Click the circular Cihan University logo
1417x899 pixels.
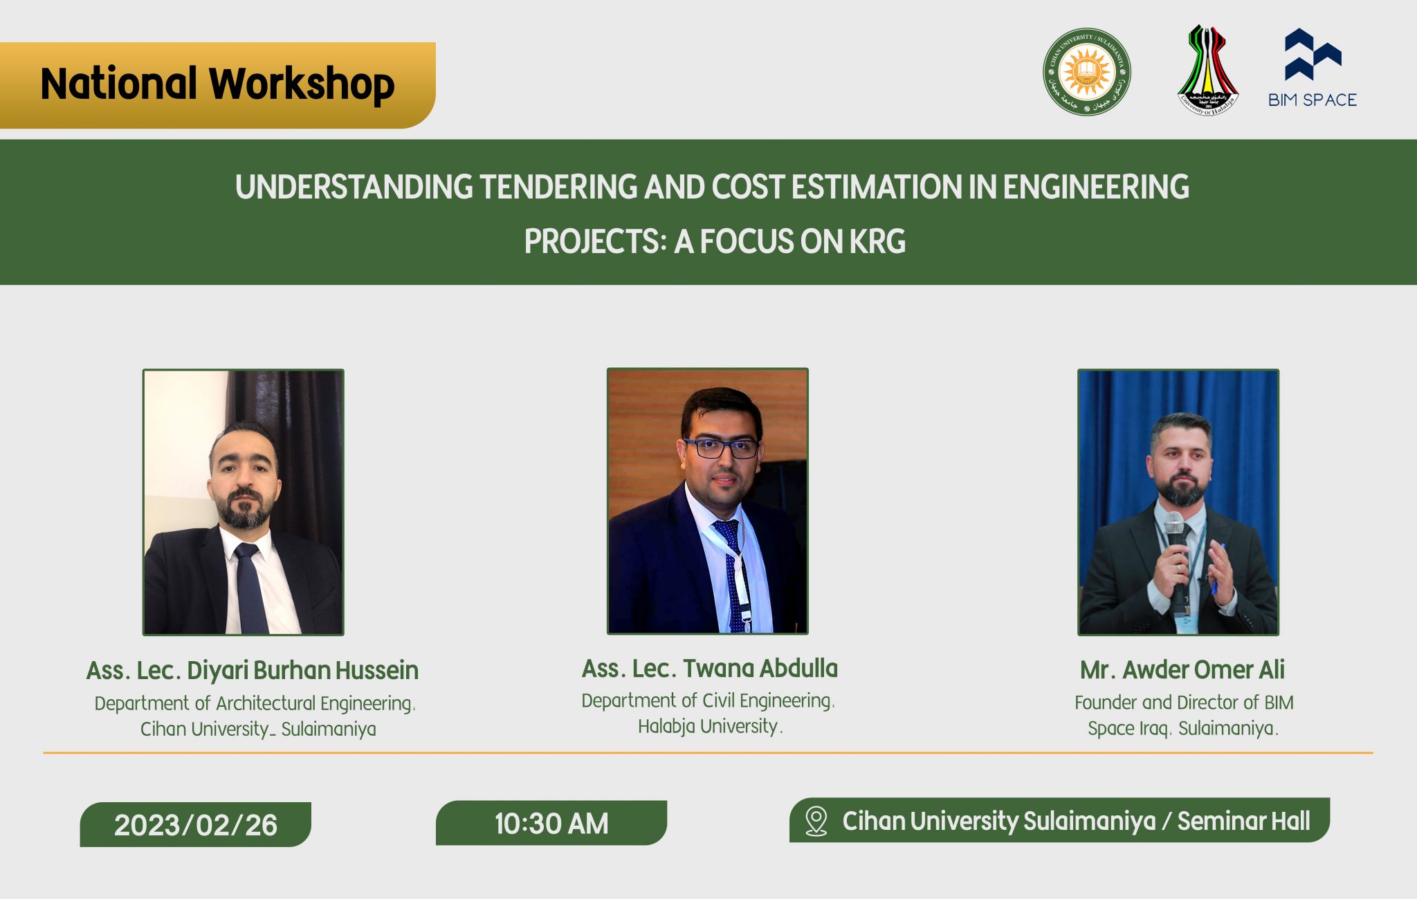coord(1087,72)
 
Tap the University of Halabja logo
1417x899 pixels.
coord(1207,71)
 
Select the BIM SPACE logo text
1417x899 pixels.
coord(1313,100)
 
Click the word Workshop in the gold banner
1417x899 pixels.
coord(302,84)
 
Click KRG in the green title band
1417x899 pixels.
coord(877,242)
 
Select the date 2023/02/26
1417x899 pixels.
coord(196,825)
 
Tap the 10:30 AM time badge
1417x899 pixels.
coord(551,824)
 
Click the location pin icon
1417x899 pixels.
coord(816,821)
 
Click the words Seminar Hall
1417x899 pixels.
coord(1243,821)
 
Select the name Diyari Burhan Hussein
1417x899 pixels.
coord(302,670)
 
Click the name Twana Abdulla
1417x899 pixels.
coord(760,668)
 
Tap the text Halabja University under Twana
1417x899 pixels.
coord(708,726)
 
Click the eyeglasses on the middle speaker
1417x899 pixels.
coord(720,448)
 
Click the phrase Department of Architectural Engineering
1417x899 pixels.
coord(254,703)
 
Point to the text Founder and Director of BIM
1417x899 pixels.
coord(1183,703)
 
